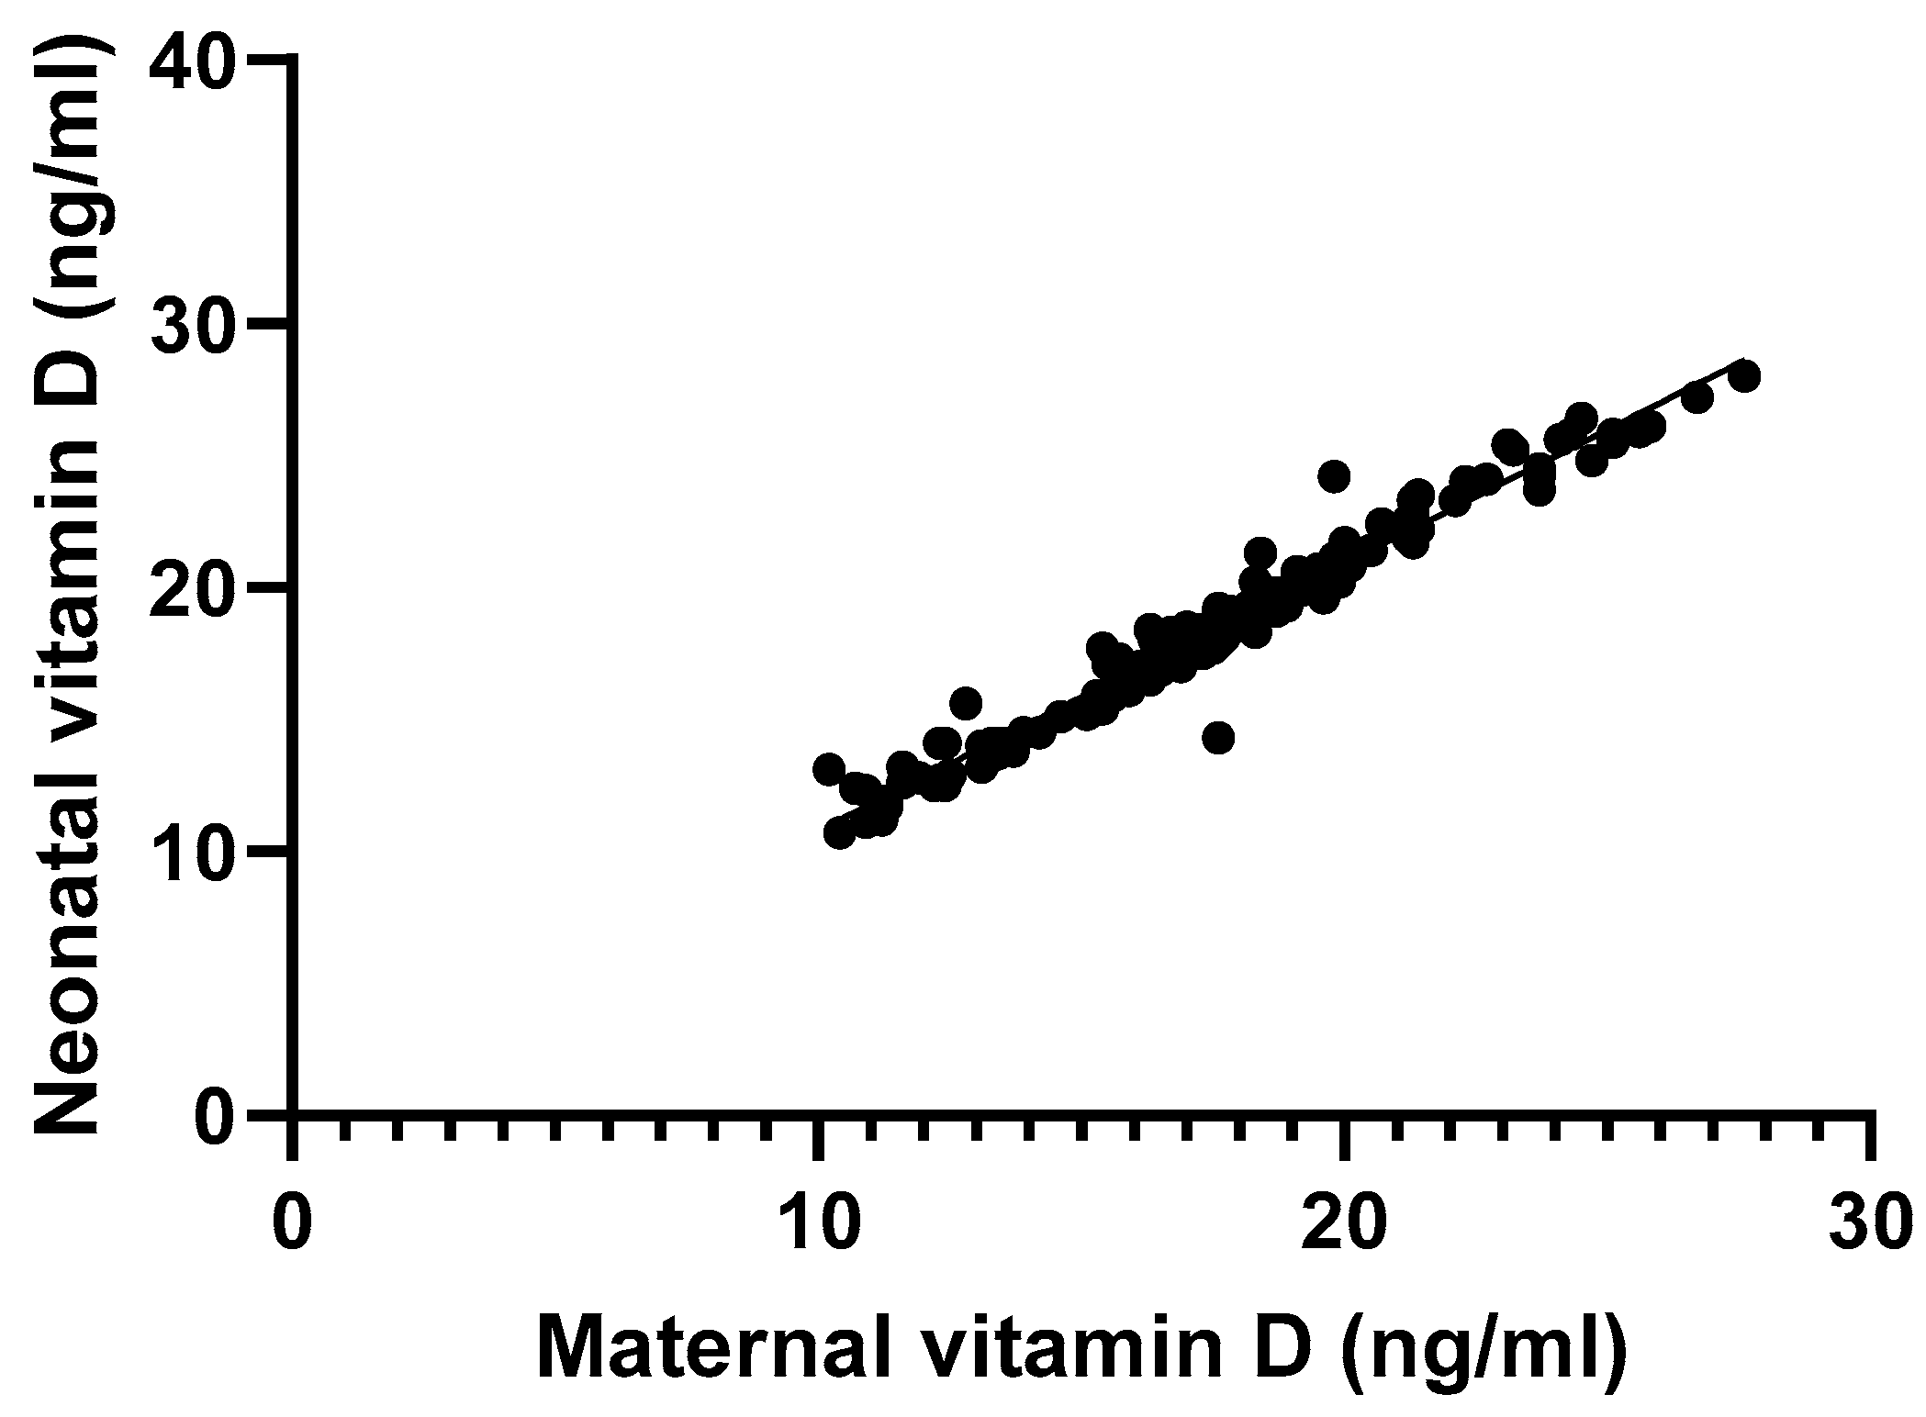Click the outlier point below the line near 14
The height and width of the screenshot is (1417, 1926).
coord(1218,737)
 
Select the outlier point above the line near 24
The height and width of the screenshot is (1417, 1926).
coord(1333,475)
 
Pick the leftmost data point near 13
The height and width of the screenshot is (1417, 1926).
coord(829,768)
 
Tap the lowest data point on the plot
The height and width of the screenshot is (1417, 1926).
coord(839,832)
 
